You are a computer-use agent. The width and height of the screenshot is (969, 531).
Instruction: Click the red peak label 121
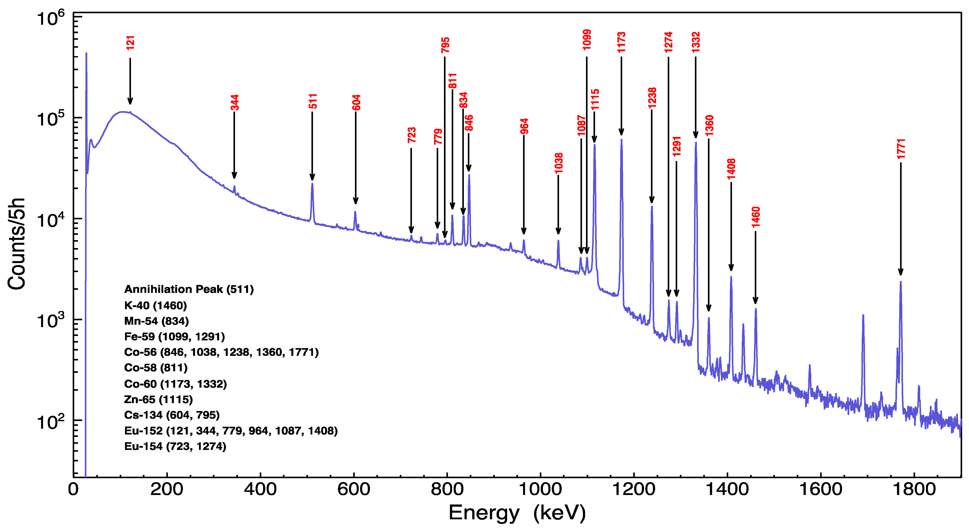pyautogui.click(x=130, y=43)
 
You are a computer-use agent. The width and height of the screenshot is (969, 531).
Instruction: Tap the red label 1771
pyautogui.click(x=901, y=149)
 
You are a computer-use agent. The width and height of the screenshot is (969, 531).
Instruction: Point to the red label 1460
pyautogui.click(x=756, y=217)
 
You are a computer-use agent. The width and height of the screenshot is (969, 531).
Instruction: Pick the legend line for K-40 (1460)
pyautogui.click(x=155, y=305)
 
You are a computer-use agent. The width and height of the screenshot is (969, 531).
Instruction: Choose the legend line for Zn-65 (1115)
pyautogui.click(x=158, y=399)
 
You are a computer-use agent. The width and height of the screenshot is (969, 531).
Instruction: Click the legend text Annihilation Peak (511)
pyautogui.click(x=189, y=289)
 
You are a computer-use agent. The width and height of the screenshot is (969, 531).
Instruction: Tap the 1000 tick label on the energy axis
pyautogui.click(x=540, y=489)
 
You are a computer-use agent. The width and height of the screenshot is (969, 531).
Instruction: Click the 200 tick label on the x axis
pyautogui.click(x=167, y=489)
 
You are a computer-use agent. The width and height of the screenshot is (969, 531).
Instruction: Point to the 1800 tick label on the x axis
pyautogui.click(x=914, y=489)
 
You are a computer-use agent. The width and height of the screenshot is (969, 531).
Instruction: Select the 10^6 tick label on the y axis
pyautogui.click(x=51, y=18)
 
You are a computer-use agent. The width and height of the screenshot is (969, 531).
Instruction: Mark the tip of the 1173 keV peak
pyautogui.click(x=621, y=140)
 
